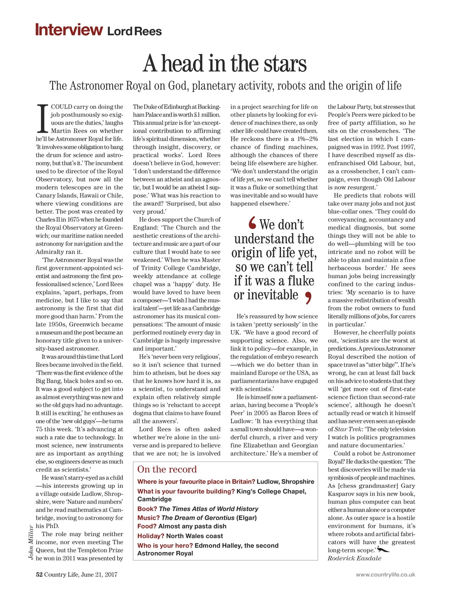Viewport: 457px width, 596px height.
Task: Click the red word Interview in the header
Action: point(69,30)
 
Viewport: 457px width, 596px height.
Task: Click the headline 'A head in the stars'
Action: point(225,63)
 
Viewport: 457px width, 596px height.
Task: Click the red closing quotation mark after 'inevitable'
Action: point(307,297)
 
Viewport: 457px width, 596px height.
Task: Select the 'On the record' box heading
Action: point(167,469)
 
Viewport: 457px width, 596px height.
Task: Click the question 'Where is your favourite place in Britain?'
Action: point(196,481)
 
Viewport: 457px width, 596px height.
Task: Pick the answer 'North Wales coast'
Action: point(195,536)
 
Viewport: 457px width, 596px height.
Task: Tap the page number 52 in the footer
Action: point(40,575)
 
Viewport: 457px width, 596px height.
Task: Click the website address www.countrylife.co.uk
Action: point(385,575)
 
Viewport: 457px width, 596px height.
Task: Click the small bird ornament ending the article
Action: point(383,550)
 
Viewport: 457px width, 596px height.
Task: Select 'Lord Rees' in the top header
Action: point(134,32)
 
